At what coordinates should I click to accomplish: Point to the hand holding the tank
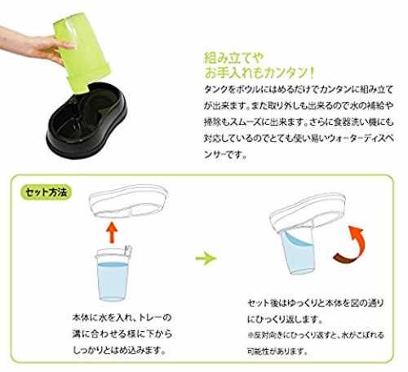point(33,43)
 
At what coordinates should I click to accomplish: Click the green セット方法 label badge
point(46,193)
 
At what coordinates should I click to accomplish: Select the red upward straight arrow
point(112,232)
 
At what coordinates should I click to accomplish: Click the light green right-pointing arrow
point(206,258)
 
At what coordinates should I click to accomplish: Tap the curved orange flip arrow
point(351,246)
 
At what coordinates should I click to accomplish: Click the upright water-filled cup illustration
point(113,273)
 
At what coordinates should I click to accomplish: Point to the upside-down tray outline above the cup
point(128,201)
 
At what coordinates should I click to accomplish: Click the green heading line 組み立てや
point(233,58)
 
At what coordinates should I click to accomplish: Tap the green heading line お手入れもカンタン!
point(259,73)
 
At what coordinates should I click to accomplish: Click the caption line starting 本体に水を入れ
point(122,317)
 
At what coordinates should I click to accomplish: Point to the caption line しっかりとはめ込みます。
point(119,350)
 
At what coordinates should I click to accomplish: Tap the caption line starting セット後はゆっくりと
point(316,303)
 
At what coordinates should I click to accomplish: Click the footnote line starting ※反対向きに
point(316,335)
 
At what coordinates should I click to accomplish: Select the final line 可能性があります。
point(277,352)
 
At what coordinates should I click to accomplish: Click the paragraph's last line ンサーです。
point(225,154)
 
